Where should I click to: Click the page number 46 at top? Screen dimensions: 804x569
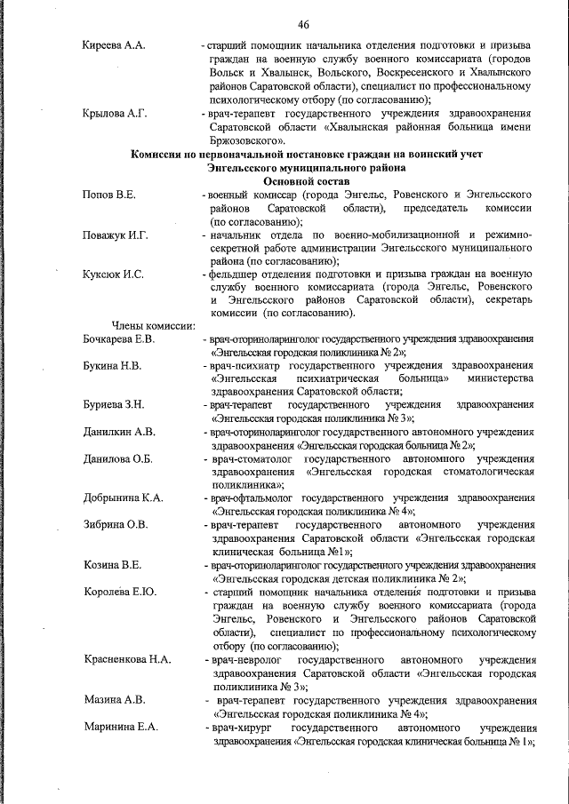pyautogui.click(x=303, y=24)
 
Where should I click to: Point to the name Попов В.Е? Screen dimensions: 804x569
pyautogui.click(x=109, y=194)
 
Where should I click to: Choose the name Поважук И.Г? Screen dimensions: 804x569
pyautogui.click(x=116, y=235)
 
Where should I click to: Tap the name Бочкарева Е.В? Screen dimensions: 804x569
pyautogui.click(x=120, y=339)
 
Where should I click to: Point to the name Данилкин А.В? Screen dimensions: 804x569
pyautogui.click(x=119, y=432)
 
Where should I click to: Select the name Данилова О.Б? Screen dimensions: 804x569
pyautogui.click(x=118, y=458)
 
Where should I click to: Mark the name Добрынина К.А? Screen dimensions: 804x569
pyautogui.click(x=124, y=498)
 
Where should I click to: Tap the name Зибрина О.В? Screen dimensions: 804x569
pyautogui.click(x=116, y=524)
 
